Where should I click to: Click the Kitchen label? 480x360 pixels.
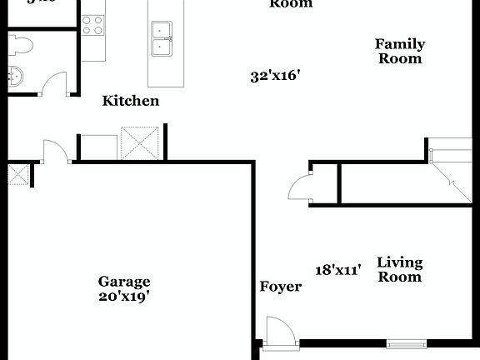click(x=131, y=101)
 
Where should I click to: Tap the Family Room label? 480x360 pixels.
click(x=400, y=51)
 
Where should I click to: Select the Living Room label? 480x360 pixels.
click(x=400, y=269)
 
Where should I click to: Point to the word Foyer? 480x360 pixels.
click(x=280, y=287)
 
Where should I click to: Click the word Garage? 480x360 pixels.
click(x=124, y=282)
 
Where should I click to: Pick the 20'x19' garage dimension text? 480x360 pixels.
click(x=124, y=296)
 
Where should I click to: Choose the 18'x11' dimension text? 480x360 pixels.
click(x=337, y=270)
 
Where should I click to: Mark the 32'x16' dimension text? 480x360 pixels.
click(x=275, y=76)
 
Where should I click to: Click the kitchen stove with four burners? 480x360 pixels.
click(x=93, y=25)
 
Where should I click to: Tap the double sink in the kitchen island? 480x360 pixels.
click(x=162, y=38)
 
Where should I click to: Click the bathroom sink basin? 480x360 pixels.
click(x=17, y=77)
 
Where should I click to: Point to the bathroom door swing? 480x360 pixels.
click(x=54, y=83)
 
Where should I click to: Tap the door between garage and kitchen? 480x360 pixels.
click(x=56, y=151)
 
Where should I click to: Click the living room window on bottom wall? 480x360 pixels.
click(x=407, y=343)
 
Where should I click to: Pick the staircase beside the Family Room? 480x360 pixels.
click(x=451, y=171)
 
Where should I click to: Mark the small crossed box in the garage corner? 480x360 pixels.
click(x=18, y=174)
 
